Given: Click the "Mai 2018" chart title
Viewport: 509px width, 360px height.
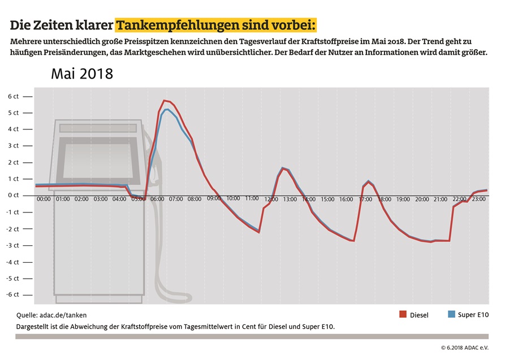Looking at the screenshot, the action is coord(82,74).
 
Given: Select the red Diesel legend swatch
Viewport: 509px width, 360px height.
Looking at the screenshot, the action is coord(403,314).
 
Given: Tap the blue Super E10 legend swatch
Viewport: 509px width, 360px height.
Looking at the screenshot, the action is coord(451,314).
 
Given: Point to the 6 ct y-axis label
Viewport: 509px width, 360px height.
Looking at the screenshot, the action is coord(14,96).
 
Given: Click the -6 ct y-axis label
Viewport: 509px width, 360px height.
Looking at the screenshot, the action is coord(12,294).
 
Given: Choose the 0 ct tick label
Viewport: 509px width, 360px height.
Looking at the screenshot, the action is coord(14,195).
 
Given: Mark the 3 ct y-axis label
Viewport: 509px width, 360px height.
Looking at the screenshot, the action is coord(14,146).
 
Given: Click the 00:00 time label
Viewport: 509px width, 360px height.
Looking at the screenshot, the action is coord(44,199).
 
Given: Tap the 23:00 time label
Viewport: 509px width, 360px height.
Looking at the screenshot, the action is coord(478,199).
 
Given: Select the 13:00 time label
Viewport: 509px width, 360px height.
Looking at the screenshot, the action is coord(290,199).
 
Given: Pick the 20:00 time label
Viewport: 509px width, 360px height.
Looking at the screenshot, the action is coord(422,199).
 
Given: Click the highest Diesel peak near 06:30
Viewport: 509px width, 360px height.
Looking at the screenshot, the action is coord(164,101).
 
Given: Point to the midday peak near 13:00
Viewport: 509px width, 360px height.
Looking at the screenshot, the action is coord(283,168).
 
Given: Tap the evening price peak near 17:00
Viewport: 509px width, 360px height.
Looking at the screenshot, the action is coord(368,181).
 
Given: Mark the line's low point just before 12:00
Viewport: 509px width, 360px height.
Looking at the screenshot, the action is coord(258,232).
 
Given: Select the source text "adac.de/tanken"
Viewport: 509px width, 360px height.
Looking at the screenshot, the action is coord(63,315).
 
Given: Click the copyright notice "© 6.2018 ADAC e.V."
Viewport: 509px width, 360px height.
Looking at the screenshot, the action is coord(464,348).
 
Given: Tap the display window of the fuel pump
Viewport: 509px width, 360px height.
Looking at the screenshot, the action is coord(98,161).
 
